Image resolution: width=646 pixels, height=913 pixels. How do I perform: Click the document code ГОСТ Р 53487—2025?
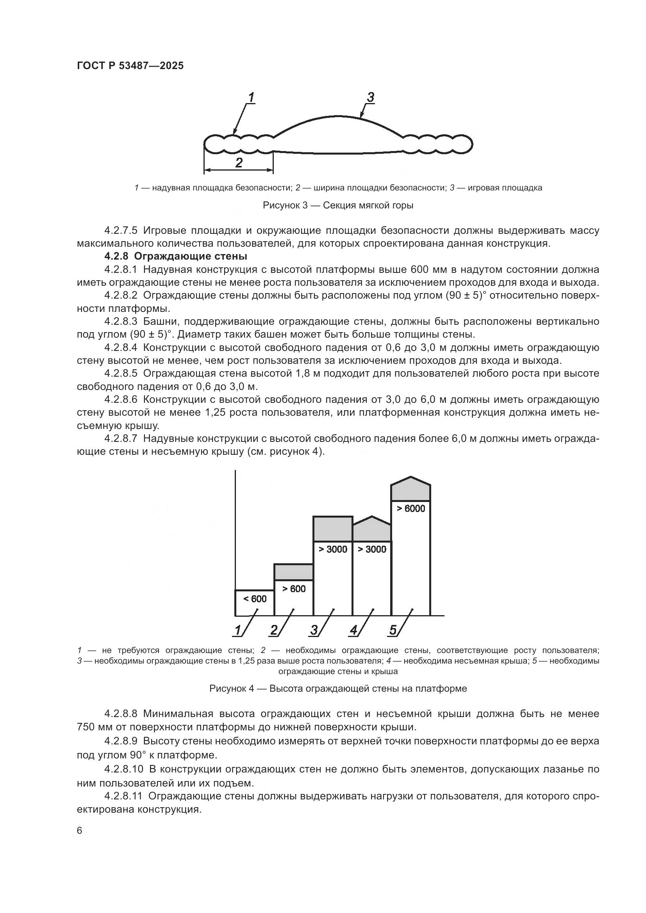pos(130,66)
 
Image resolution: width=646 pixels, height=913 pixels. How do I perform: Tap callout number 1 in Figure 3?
pos(251,98)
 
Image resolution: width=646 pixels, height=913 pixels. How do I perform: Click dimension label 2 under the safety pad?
pos(239,163)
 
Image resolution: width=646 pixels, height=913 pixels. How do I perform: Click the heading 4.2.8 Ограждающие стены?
pos(176,256)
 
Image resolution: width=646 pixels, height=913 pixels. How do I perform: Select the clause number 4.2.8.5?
pos(121,374)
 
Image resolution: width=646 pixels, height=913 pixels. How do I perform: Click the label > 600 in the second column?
pos(294,589)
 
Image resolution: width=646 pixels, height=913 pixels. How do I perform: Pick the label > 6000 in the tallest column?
pos(411,508)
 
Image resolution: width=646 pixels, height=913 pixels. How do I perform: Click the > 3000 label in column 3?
pos(333,549)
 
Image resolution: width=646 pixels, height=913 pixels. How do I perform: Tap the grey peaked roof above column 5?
pos(411,489)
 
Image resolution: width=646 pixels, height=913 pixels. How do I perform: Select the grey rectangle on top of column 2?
pos(294,572)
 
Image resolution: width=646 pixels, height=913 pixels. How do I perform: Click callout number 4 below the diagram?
pos(353,630)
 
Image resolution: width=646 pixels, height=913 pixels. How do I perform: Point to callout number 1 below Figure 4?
pos(238,630)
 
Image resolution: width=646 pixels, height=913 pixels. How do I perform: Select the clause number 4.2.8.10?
pos(124,769)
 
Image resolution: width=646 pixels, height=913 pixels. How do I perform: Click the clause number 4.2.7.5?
pos(121,231)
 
